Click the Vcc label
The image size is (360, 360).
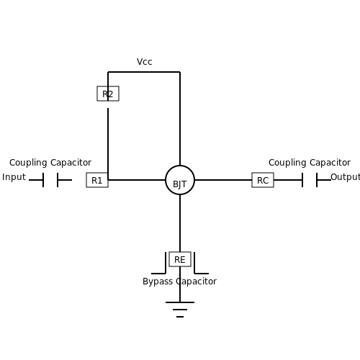tap(144, 62)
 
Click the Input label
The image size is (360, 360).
tap(14, 177)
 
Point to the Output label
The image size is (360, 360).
tap(345, 177)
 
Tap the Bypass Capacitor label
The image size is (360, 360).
tap(179, 282)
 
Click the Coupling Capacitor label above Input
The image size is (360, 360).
tap(50, 163)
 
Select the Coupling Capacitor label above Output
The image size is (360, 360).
tap(310, 163)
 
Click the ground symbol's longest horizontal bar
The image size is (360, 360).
tap(180, 302)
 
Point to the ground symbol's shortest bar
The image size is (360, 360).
tap(180, 317)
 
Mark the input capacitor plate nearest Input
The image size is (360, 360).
tap(43, 180)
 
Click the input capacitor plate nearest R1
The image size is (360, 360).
tap(58, 180)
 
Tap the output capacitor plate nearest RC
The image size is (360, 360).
tap(302, 180)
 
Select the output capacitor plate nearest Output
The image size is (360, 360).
tap(317, 180)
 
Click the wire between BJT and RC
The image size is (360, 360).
tap(223, 180)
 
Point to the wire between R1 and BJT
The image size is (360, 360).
tap(137, 180)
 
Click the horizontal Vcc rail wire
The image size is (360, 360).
tap(144, 72)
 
